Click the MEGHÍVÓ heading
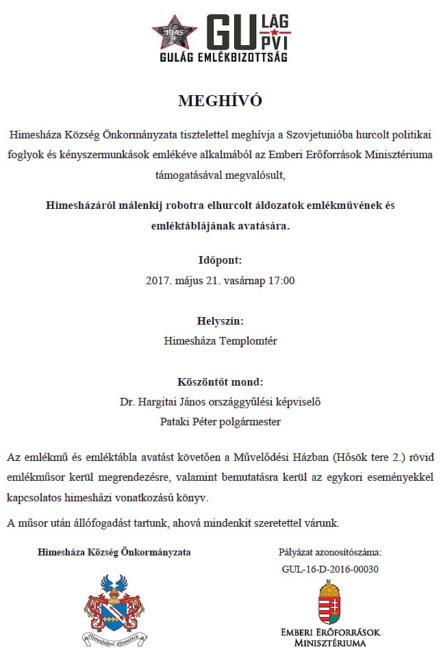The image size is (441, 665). (220, 101)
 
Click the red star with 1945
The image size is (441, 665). (174, 32)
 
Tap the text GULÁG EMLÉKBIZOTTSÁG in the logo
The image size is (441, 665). (220, 60)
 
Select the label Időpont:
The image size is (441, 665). (220, 260)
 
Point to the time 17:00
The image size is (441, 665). (281, 280)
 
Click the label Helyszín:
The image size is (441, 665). (220, 320)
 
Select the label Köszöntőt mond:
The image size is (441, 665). (220, 381)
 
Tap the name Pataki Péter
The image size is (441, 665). (188, 421)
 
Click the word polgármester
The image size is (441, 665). (249, 421)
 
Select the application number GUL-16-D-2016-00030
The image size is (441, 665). (330, 568)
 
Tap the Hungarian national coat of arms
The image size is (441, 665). (330, 601)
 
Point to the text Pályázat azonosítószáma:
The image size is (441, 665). (330, 552)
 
